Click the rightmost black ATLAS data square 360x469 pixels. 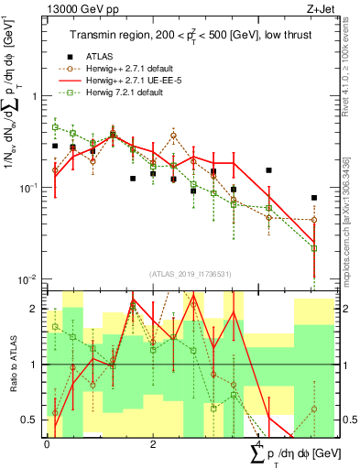314,198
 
